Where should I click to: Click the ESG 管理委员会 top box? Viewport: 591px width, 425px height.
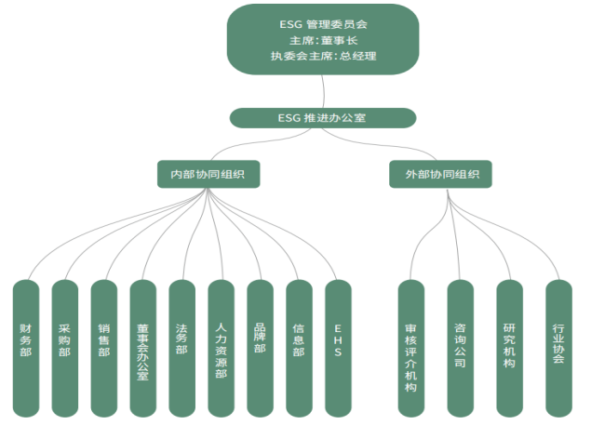(323, 38)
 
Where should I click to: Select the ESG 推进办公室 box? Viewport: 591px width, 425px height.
(323, 118)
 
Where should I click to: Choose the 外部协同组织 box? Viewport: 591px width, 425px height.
(440, 174)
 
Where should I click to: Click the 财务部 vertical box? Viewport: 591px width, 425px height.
(25, 346)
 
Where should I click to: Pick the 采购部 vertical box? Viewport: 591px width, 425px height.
(64, 346)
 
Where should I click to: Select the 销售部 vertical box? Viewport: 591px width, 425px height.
(103, 346)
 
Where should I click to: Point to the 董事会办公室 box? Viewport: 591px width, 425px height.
(142, 346)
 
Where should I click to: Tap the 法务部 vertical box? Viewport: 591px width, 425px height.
(181, 346)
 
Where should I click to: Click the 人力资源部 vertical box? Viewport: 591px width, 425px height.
(221, 346)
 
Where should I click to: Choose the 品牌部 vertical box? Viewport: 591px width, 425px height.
(260, 346)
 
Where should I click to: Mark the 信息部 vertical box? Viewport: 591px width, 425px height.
(299, 346)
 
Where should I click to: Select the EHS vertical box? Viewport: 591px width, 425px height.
(338, 346)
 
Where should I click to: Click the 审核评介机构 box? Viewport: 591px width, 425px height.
(410, 346)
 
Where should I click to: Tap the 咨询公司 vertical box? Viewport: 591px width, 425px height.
(460, 346)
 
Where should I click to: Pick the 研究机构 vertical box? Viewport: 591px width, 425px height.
(509, 346)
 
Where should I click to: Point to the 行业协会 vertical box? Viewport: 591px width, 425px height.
(558, 346)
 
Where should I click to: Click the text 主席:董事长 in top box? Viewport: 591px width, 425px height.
(323, 39)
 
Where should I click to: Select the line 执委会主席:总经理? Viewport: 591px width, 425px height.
(323, 56)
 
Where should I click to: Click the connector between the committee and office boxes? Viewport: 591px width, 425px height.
(324, 91)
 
